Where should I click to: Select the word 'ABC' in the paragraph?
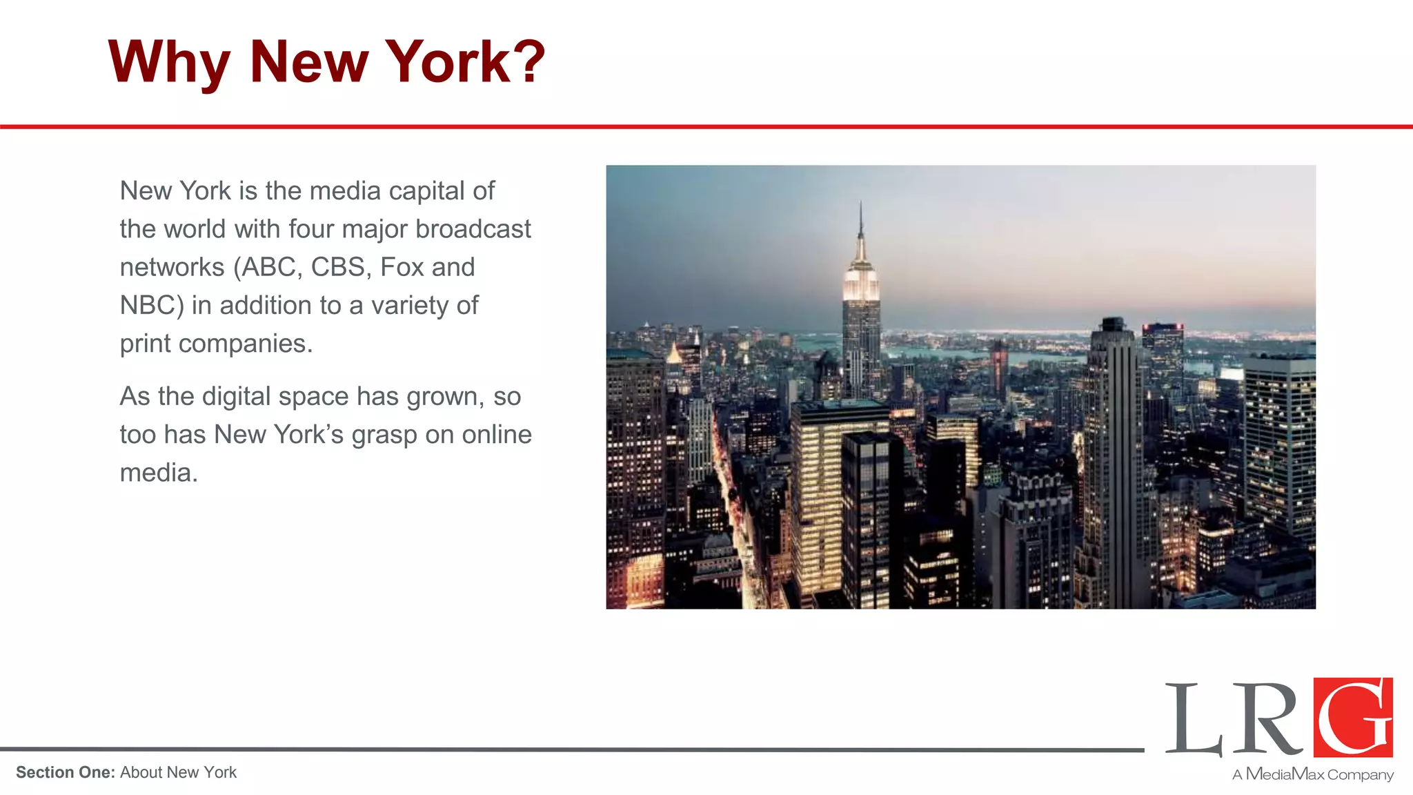click(x=268, y=268)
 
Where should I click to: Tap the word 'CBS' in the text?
click(x=337, y=268)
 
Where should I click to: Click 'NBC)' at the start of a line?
click(x=152, y=306)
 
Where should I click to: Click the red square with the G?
click(x=1352, y=718)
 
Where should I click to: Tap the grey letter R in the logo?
click(x=1267, y=720)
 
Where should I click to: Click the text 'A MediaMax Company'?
click(x=1312, y=774)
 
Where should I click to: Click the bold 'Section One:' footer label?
click(x=65, y=773)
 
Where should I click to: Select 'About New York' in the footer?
click(x=178, y=773)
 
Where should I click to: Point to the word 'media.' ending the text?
click(x=159, y=473)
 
